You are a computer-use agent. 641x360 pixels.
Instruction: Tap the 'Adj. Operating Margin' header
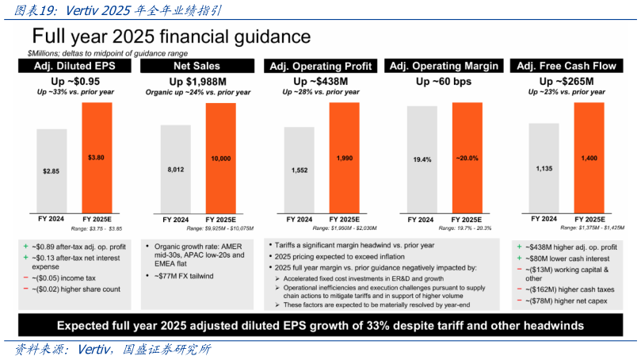(x=444, y=67)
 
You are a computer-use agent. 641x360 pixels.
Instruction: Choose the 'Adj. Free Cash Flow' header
(x=566, y=67)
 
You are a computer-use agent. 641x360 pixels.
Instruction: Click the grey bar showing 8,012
(x=175, y=168)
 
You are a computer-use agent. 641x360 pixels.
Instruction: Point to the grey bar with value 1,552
(x=299, y=168)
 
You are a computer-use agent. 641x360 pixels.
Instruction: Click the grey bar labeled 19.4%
(x=422, y=159)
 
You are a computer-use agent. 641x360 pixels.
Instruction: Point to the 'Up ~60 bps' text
(x=443, y=81)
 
